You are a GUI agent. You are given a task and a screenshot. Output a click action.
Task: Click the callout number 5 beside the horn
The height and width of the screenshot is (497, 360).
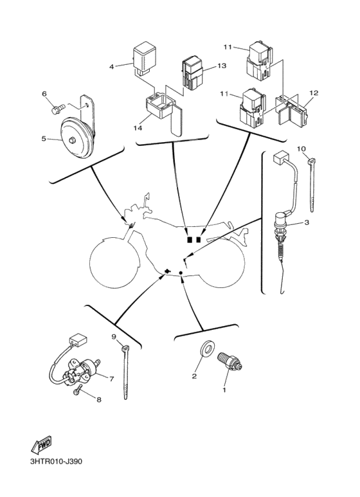(44, 138)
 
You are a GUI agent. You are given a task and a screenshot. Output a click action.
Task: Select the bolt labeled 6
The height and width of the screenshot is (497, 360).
(56, 109)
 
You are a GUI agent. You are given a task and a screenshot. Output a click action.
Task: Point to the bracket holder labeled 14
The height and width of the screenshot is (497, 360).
(157, 106)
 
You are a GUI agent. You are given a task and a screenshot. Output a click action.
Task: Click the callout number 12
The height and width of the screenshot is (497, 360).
(313, 93)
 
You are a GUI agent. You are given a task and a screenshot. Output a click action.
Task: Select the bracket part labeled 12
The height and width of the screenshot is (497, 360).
(292, 111)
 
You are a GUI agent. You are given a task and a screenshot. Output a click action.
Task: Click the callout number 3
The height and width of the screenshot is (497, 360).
(307, 222)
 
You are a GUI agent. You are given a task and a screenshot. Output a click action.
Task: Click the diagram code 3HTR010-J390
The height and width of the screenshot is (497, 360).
(56, 462)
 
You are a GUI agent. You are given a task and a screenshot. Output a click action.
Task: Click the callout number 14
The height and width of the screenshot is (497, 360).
(138, 128)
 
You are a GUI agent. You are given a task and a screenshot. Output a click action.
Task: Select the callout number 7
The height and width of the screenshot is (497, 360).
(111, 379)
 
